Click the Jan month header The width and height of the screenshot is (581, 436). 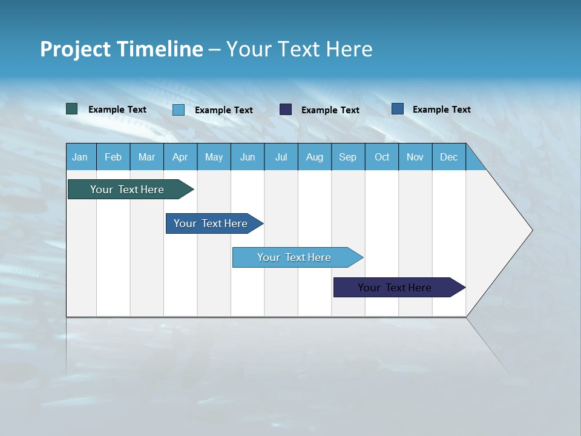pos(80,157)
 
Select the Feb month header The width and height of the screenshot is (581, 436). pos(113,157)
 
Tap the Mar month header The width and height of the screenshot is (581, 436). pos(146,157)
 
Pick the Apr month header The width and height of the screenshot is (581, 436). pos(180,157)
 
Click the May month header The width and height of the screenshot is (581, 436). pos(214,157)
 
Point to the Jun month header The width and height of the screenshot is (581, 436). pos(248,157)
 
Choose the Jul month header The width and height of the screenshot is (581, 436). pos(281,157)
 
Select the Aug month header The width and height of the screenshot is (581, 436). pos(315,157)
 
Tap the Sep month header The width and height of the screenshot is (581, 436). pos(348,157)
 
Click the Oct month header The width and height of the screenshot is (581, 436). pos(382,157)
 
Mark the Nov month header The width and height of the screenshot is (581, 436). pos(415,157)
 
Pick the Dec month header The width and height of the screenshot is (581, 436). pos(449,157)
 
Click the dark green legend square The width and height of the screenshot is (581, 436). pos(72,109)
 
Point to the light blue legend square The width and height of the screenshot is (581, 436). pos(179,110)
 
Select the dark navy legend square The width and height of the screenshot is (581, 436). pos(286,110)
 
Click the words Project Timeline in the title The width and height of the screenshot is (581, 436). pos(121,49)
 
